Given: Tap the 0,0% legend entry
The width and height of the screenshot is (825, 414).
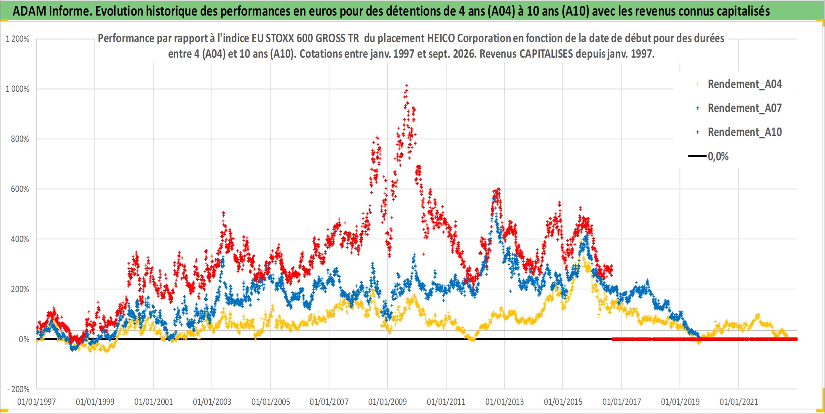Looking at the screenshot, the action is [x=709, y=157].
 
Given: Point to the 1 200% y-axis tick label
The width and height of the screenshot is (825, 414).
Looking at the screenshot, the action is [x=18, y=39].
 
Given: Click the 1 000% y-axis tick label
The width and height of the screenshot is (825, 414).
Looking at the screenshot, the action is [x=18, y=89].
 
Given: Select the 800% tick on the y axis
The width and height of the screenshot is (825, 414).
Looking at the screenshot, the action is [x=20, y=139].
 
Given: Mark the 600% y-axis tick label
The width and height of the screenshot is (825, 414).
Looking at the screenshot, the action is [x=20, y=189].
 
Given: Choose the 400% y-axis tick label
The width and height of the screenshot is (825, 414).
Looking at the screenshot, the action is [x=20, y=239].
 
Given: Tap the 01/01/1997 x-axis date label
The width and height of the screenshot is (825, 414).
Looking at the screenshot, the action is [x=36, y=402].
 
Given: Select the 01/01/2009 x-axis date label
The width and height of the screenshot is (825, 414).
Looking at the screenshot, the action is [x=388, y=402].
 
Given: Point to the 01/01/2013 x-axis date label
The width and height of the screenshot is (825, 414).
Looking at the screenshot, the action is [x=505, y=402].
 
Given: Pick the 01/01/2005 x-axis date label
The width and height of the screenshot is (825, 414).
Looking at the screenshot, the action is [x=271, y=402].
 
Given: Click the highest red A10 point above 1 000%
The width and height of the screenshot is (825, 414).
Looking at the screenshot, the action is [x=406, y=85].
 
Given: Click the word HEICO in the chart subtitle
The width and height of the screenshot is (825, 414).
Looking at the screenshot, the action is [x=441, y=38].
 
